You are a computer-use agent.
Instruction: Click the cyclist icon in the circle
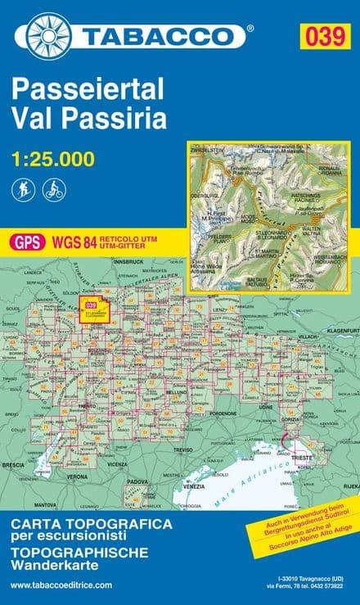coord(54,190)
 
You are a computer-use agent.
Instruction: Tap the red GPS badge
coord(28,242)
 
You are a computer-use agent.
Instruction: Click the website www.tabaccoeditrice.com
coord(61,585)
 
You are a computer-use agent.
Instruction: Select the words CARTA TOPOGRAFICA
coord(91,523)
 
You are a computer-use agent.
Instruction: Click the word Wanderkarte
coord(55,566)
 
